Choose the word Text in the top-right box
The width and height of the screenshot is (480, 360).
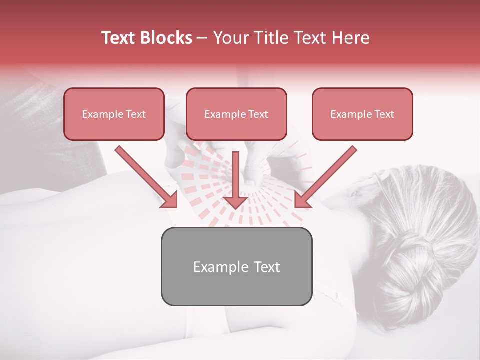pos(384,114)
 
